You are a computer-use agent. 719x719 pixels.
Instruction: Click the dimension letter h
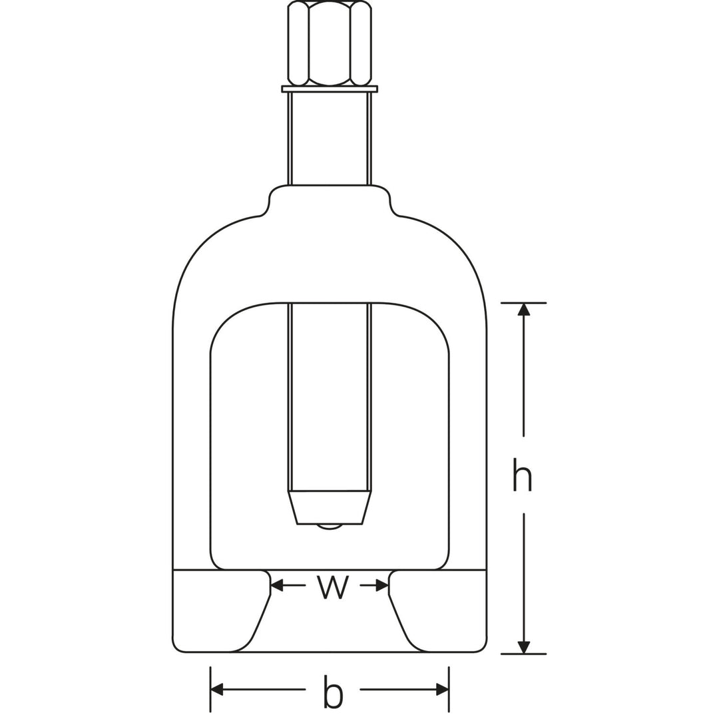[523, 474]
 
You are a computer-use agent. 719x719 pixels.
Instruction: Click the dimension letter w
[333, 587]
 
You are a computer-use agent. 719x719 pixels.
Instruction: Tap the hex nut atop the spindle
[330, 43]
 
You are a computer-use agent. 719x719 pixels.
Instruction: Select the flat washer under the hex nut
[330, 89]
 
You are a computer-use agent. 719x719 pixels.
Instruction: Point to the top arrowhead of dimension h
[524, 310]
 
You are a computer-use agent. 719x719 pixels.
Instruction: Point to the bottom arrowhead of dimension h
[524, 647]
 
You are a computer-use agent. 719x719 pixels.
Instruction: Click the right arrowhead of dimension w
[382, 585]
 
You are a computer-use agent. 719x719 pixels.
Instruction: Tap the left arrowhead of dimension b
[217, 690]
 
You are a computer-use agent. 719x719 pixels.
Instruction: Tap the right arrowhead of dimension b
[442, 690]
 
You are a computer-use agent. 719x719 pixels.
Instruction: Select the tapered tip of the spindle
[330, 507]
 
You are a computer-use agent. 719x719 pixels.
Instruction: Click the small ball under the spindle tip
[330, 527]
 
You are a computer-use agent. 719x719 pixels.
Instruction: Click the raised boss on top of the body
[330, 200]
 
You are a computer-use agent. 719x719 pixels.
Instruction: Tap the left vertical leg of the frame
[191, 453]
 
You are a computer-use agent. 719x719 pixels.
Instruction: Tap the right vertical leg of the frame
[468, 453]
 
